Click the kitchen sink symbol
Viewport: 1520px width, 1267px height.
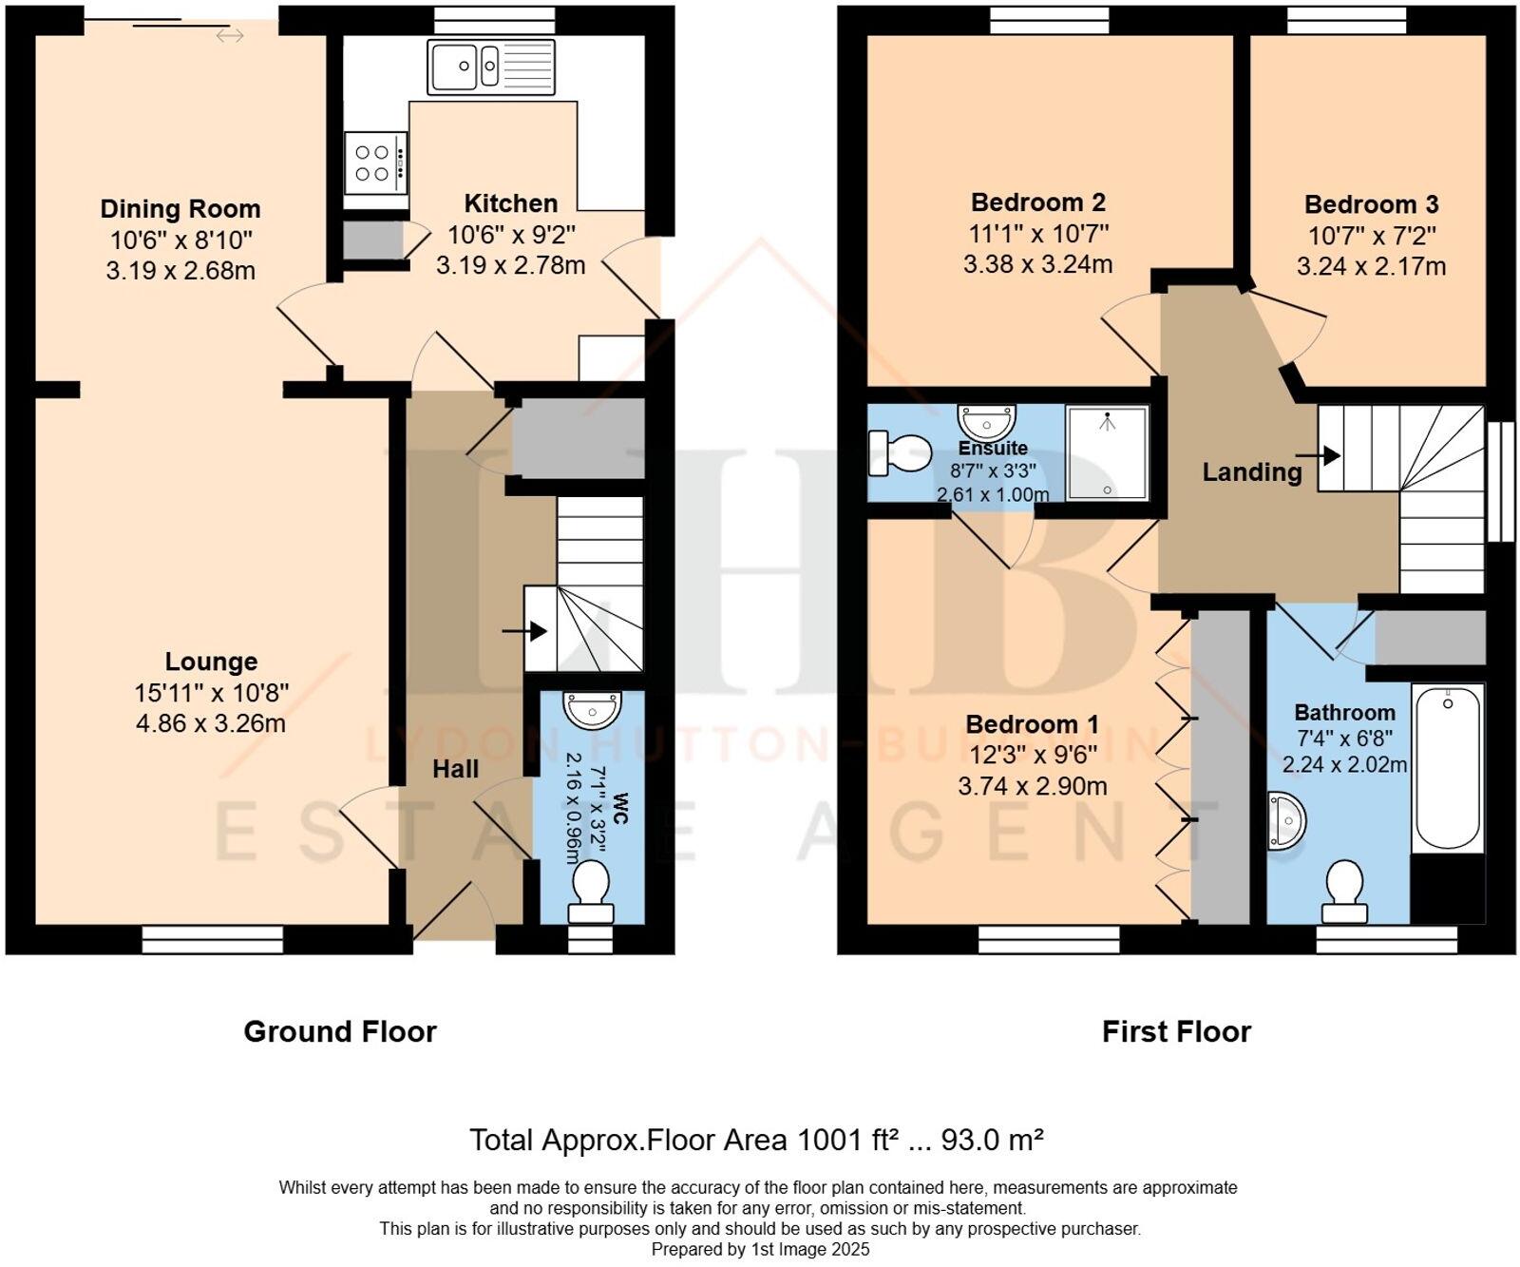491,67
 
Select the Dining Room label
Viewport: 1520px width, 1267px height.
180,209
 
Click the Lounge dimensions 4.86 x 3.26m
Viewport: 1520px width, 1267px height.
211,723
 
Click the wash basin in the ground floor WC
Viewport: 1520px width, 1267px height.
592,709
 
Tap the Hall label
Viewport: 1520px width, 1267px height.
456,769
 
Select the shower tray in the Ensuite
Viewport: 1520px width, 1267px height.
1107,453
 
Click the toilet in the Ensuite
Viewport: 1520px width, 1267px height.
900,453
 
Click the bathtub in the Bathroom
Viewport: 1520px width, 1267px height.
1448,765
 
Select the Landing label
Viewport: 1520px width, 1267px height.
1251,471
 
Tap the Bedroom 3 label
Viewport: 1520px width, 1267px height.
1371,204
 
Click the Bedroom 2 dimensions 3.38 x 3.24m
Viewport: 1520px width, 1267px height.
1037,264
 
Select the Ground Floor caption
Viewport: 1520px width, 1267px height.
340,1031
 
